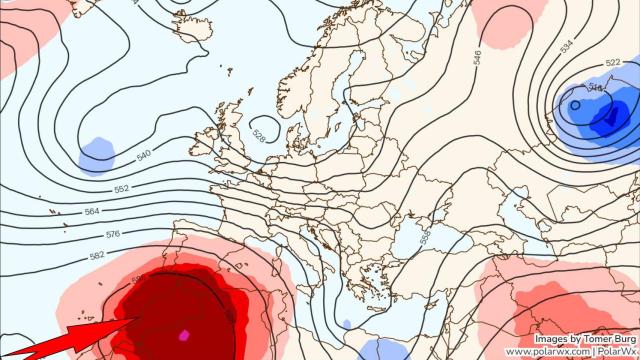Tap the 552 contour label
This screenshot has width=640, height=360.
[121, 189]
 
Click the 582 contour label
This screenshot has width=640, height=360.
[97, 256]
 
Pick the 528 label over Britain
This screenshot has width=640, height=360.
[260, 133]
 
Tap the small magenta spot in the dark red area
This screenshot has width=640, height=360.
[183, 334]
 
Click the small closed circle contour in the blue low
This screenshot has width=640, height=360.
[577, 104]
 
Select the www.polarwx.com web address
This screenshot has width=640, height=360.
[545, 352]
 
